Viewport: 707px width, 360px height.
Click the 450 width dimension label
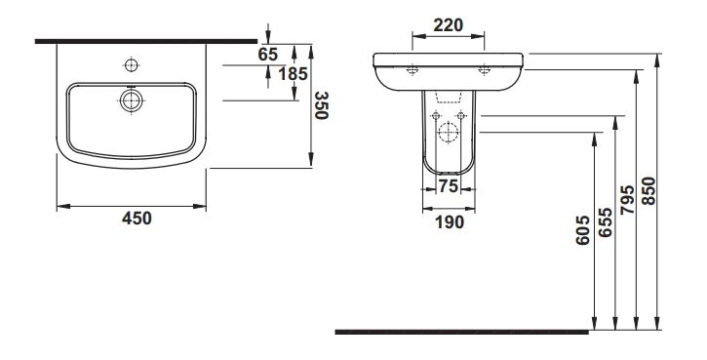[137, 219]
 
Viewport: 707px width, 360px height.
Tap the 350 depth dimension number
[321, 105]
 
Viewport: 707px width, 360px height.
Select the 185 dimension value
[293, 73]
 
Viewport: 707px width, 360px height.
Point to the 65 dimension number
[268, 54]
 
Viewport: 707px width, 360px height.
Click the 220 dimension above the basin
[449, 25]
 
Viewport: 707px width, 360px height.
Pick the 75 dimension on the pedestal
[449, 186]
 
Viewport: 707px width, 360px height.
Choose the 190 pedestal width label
[450, 222]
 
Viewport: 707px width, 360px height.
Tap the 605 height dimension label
[582, 230]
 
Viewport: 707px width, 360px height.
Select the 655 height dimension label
[606, 222]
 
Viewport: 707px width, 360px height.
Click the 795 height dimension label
[627, 199]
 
